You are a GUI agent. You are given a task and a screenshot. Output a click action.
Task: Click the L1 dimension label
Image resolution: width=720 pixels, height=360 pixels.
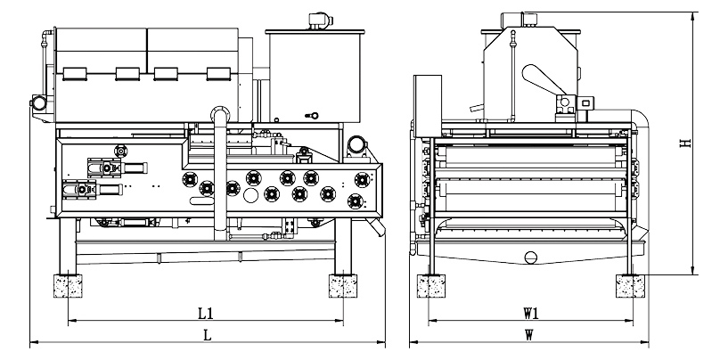205,314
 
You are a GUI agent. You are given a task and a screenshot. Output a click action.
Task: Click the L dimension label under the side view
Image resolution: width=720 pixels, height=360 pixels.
208,336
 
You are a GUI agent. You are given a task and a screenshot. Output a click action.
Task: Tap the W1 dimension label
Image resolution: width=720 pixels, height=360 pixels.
531,314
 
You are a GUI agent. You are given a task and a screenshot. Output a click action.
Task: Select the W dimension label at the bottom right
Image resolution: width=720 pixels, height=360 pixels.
529,336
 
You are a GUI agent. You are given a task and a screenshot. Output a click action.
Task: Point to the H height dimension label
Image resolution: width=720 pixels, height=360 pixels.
685,143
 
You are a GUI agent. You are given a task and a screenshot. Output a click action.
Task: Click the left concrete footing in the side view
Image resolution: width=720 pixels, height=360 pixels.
68,286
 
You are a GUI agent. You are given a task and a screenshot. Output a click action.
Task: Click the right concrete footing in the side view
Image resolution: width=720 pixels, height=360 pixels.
343,286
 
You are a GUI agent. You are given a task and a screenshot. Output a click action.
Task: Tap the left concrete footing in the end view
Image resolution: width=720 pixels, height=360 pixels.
431,286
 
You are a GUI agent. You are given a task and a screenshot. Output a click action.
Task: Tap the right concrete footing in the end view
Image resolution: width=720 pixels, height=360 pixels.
631,286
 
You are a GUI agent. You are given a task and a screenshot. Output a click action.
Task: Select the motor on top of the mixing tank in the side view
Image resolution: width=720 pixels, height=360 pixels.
320,20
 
